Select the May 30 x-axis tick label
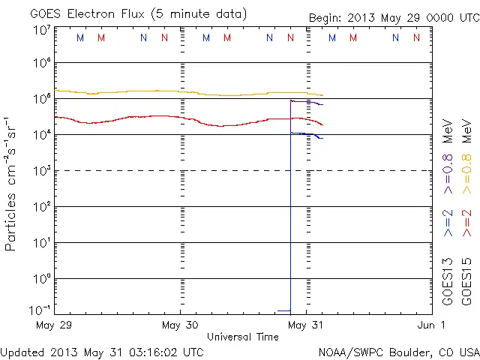point(181,325)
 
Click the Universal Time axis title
point(243,337)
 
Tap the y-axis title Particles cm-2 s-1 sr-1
point(12,183)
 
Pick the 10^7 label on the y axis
point(41,30)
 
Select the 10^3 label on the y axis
point(41,171)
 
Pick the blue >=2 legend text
point(448,223)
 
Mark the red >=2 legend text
point(466,223)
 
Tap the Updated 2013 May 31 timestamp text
point(102,351)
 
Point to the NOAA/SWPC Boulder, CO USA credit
point(398,351)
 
